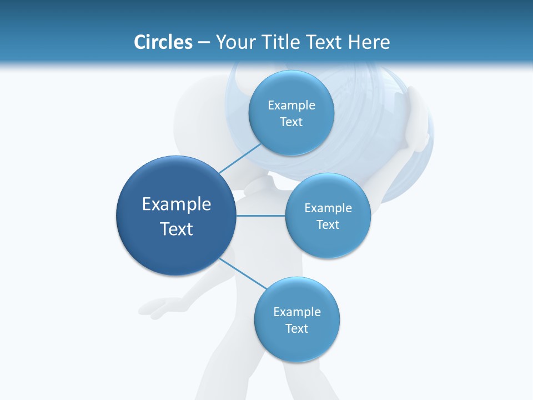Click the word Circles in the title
click(x=163, y=42)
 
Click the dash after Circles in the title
click(x=204, y=43)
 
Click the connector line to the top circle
click(x=240, y=158)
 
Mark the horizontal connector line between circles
click(x=260, y=216)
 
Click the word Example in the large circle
click(x=177, y=204)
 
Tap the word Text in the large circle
click(x=177, y=229)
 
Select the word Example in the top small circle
click(x=291, y=106)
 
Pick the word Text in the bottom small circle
click(x=296, y=329)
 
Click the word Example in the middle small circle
click(x=328, y=208)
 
